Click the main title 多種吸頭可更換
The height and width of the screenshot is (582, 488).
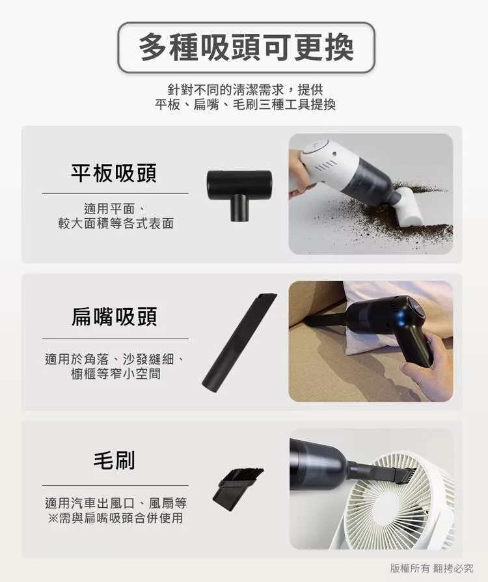246,48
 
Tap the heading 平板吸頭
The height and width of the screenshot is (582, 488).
114,173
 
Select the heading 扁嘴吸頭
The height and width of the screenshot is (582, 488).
115,316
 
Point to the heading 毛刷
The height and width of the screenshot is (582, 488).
115,460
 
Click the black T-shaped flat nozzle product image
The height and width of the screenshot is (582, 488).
239,195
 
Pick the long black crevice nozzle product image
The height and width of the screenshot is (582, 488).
239,342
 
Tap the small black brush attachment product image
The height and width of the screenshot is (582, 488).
238,489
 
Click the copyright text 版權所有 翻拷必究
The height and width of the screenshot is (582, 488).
431,568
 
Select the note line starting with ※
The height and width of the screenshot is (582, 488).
115,518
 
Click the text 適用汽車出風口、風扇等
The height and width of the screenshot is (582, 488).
115,503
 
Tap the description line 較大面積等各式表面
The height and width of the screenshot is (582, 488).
116,223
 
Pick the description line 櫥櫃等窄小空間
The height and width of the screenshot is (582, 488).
116,374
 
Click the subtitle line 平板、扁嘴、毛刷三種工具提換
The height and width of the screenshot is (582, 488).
245,105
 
